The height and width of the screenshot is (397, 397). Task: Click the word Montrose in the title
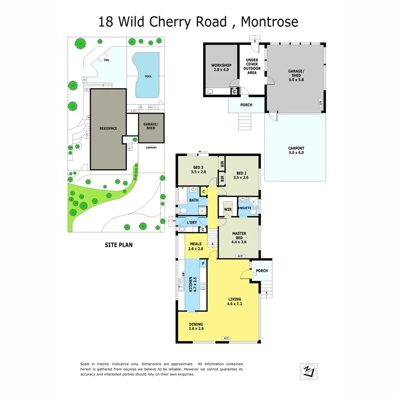click(x=269, y=21)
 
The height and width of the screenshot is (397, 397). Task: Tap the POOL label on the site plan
click(x=148, y=77)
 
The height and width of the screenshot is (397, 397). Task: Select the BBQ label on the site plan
click(x=106, y=60)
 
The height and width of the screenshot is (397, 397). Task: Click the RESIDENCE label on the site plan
click(x=108, y=128)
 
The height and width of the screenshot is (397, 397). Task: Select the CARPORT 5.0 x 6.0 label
click(x=296, y=150)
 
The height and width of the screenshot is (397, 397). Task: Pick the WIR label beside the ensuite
click(x=227, y=209)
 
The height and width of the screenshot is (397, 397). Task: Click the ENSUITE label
click(x=244, y=208)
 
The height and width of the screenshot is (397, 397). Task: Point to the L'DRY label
click(x=192, y=222)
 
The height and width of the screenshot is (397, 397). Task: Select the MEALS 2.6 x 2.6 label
click(x=196, y=246)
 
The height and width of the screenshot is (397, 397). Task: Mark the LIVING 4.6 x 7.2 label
click(x=234, y=302)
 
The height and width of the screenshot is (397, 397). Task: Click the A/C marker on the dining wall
click(x=226, y=338)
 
